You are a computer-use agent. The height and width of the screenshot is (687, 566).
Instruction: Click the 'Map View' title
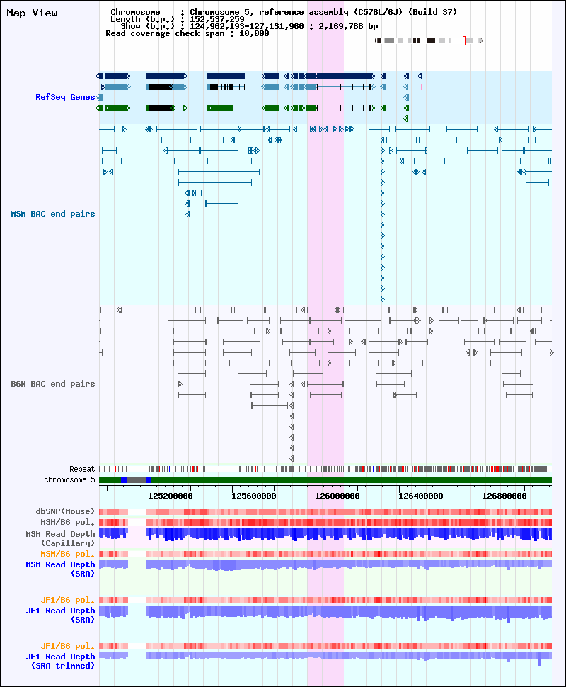[x=32, y=13]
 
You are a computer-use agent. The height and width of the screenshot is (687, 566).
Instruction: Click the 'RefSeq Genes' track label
[x=65, y=97]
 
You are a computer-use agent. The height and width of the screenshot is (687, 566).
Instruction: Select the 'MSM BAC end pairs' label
[x=53, y=215]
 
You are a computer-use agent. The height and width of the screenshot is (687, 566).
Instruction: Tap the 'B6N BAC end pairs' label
[x=53, y=385]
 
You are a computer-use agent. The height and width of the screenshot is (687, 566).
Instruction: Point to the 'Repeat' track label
[x=82, y=470]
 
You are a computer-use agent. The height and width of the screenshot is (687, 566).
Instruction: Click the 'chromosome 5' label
[x=69, y=479]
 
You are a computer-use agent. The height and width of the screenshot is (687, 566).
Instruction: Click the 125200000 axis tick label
[x=171, y=496]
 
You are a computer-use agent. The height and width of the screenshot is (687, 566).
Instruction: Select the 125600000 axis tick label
[x=254, y=496]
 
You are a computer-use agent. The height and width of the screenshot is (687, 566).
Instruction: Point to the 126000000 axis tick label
[x=337, y=496]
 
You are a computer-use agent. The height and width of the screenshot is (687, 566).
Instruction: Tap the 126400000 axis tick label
[x=421, y=496]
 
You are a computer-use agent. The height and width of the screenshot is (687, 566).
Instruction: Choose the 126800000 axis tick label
[x=504, y=496]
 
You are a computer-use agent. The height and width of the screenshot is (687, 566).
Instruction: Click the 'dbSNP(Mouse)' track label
[x=65, y=512]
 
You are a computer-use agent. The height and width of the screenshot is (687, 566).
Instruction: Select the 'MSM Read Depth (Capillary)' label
[x=60, y=538]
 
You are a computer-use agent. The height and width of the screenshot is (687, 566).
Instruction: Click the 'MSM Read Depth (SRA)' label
[x=60, y=569]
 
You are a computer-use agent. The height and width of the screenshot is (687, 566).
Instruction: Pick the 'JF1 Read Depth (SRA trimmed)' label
[x=60, y=662]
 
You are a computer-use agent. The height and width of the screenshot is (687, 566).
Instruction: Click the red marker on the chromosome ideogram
[x=464, y=41]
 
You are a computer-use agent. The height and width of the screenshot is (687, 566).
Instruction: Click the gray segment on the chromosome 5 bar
[x=137, y=480]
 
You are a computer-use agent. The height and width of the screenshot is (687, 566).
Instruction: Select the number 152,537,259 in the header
[x=217, y=19]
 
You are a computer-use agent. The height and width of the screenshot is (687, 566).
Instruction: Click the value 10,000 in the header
[x=254, y=34]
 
